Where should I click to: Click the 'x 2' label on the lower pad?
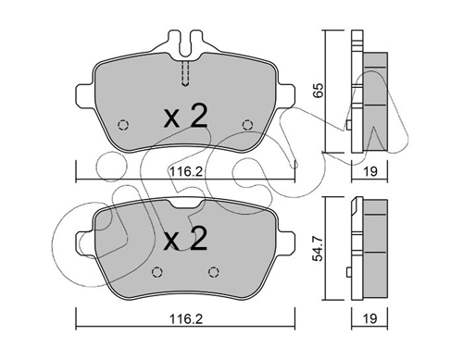(x=185, y=242)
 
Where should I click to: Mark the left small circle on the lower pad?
(x=156, y=271)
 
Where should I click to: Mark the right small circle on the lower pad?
(x=215, y=271)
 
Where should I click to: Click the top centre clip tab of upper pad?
(x=185, y=43)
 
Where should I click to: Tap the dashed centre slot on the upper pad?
(x=185, y=72)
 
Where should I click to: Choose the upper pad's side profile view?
(x=370, y=93)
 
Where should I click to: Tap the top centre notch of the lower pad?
(x=185, y=204)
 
